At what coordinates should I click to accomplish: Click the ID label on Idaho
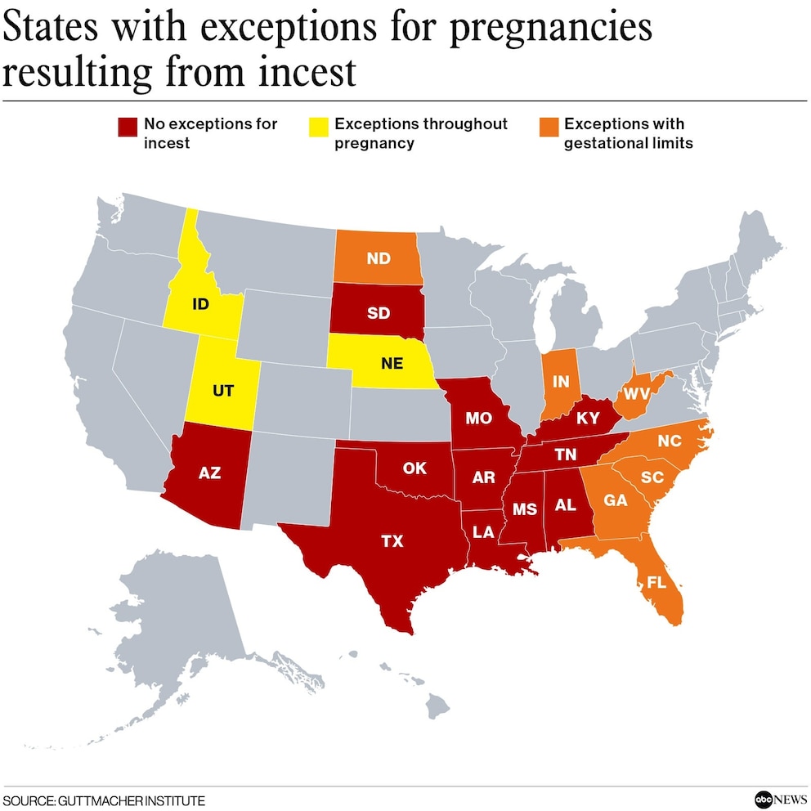tap(200, 304)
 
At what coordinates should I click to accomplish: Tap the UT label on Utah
tap(222, 391)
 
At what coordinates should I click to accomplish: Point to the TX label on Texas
tap(392, 540)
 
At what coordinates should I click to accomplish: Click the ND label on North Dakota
tap(378, 259)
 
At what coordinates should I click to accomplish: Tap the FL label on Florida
tap(656, 583)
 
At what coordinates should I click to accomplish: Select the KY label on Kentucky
tap(588, 419)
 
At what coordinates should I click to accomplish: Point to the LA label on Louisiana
tap(483, 532)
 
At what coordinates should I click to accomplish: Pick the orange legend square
tap(548, 127)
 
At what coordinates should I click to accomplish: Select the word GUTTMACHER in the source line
tap(97, 800)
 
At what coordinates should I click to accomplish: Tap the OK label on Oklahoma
tap(415, 468)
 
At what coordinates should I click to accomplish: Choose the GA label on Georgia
tap(615, 500)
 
